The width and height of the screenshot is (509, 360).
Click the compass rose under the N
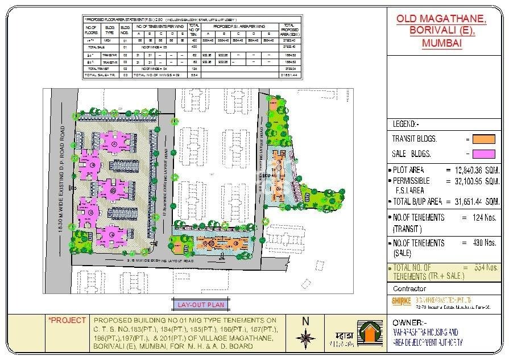[306, 337]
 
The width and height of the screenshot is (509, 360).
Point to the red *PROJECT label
[68, 320]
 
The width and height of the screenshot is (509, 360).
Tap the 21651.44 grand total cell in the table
[289, 75]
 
